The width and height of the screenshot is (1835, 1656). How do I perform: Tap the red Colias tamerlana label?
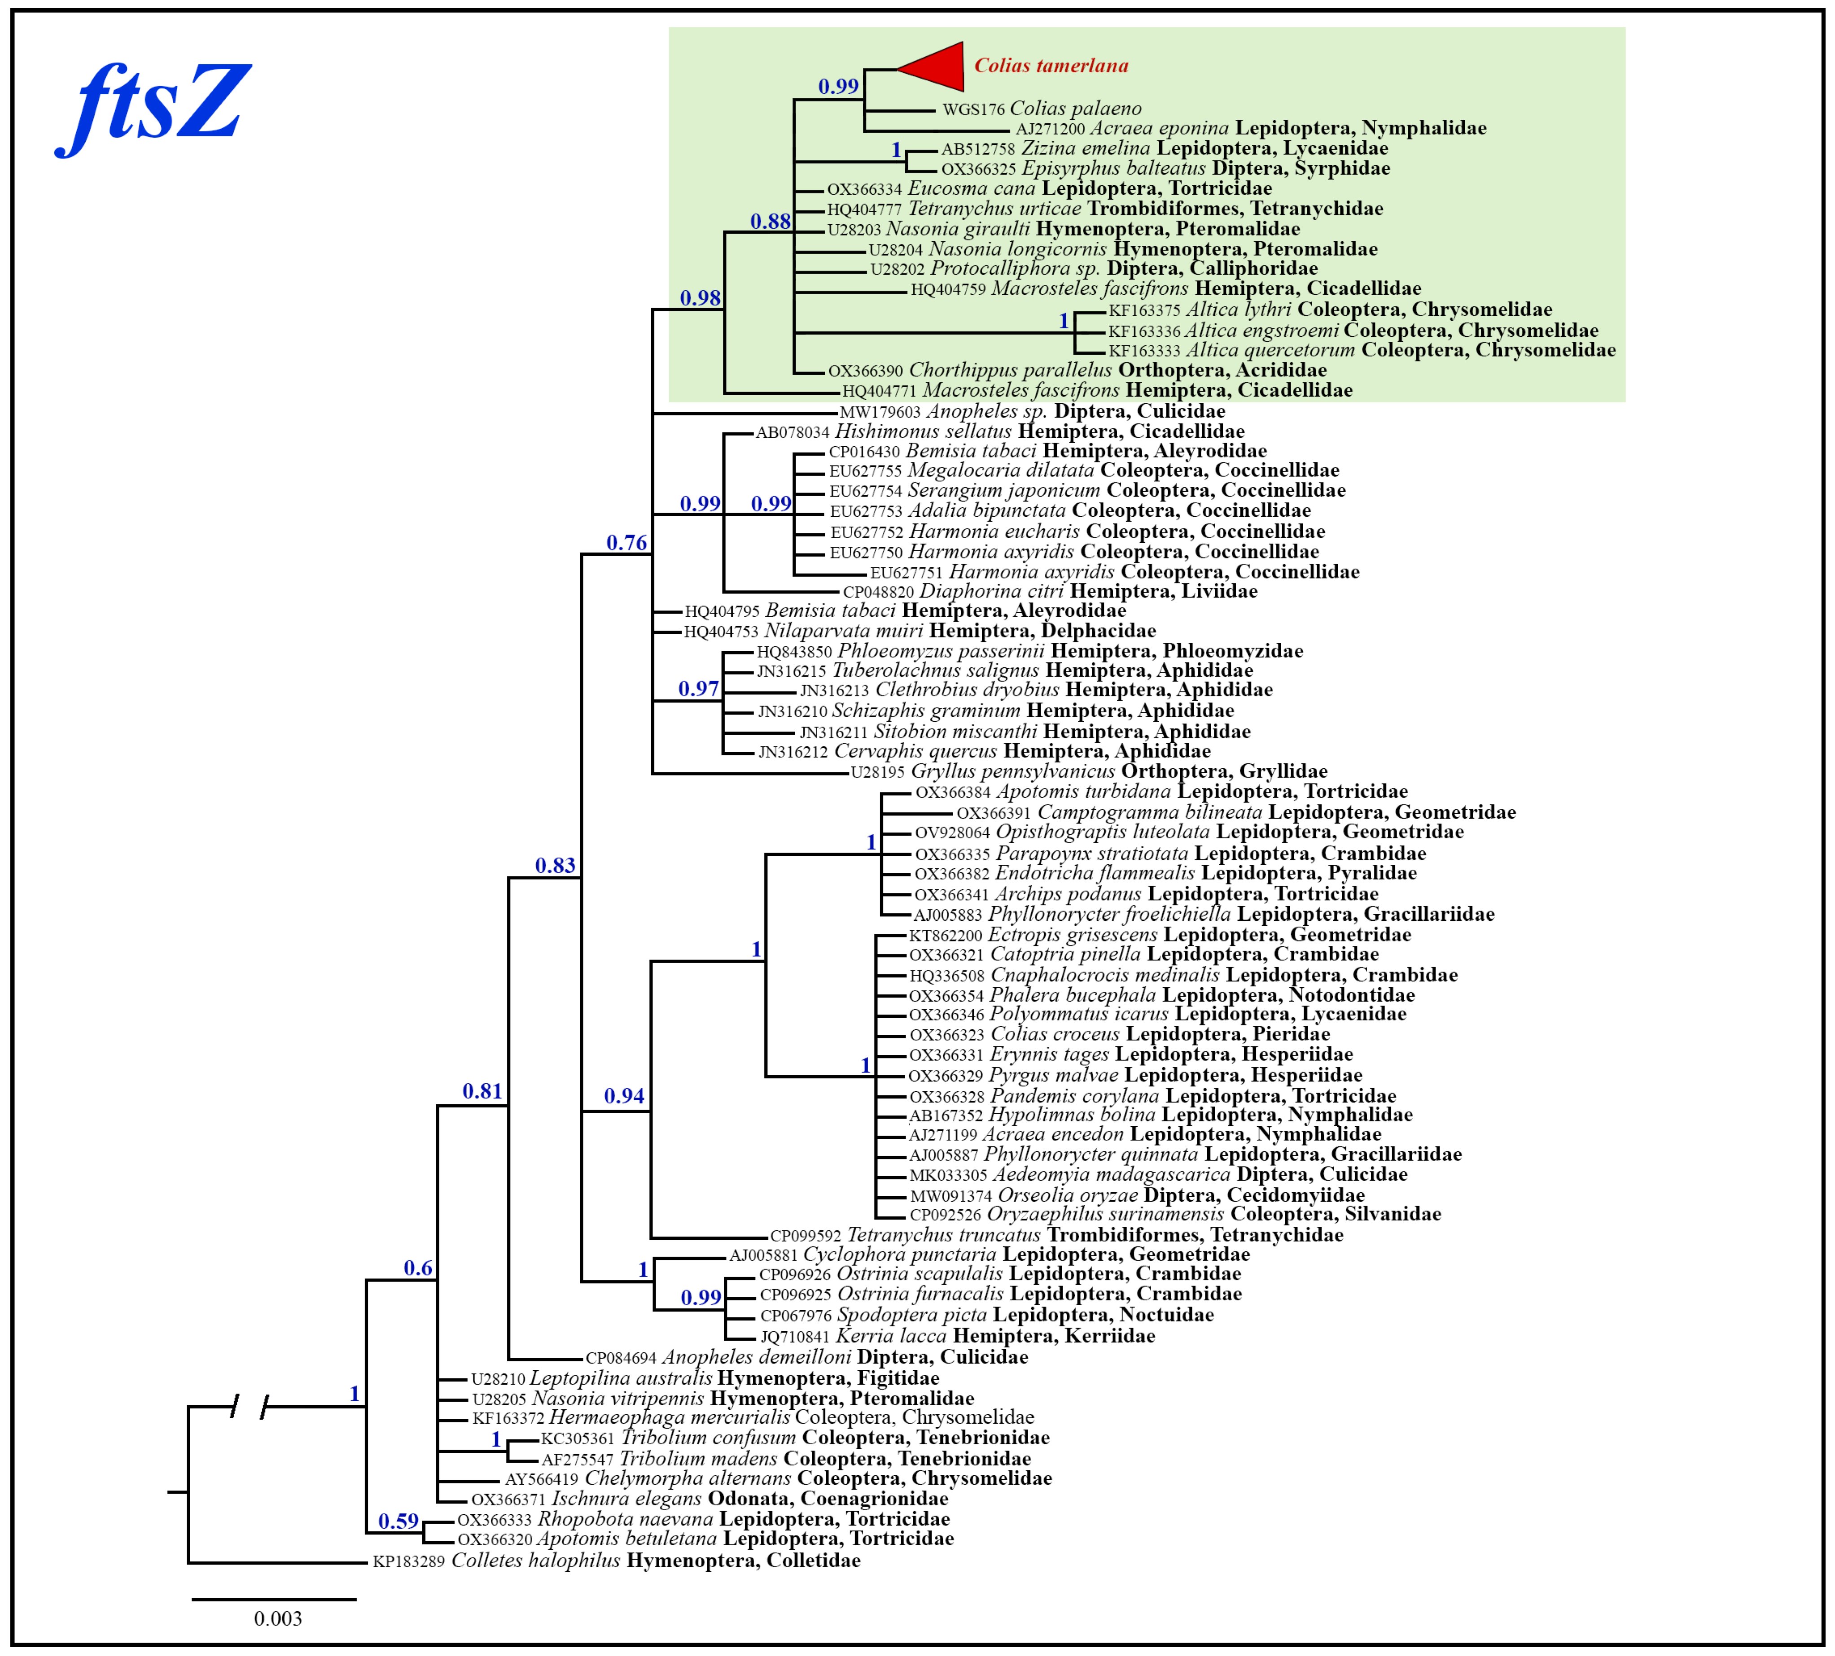click(1051, 65)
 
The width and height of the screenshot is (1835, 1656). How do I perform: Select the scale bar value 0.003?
click(278, 1619)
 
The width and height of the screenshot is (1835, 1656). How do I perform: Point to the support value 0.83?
click(555, 865)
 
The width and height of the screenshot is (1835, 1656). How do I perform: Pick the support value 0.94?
click(624, 1096)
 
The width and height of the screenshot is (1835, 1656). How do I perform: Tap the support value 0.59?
click(399, 1521)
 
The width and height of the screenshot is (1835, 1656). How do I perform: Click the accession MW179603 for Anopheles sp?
click(879, 412)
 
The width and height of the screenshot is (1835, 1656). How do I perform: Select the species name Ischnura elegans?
click(626, 1499)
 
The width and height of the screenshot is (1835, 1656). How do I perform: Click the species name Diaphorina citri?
click(991, 592)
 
